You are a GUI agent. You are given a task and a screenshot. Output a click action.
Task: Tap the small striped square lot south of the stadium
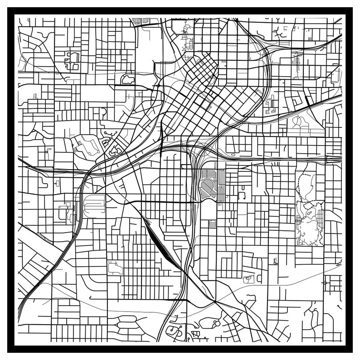(x=212, y=224)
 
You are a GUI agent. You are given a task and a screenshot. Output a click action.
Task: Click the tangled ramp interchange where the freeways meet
(x=197, y=150)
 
